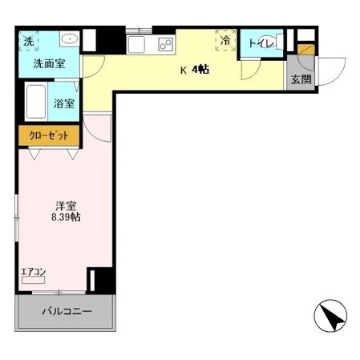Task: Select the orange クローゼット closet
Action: pyautogui.click(x=49, y=136)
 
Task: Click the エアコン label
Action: pyautogui.click(x=33, y=271)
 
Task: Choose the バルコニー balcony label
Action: pyautogui.click(x=67, y=311)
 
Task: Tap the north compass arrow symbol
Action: pyautogui.click(x=332, y=316)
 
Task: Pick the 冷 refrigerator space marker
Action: pyautogui.click(x=225, y=40)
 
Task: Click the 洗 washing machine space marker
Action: pyautogui.click(x=29, y=41)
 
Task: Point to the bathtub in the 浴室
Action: pyautogui.click(x=35, y=101)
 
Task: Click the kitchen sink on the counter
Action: pyautogui.click(x=137, y=43)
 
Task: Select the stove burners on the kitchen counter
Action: pyautogui.click(x=166, y=43)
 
